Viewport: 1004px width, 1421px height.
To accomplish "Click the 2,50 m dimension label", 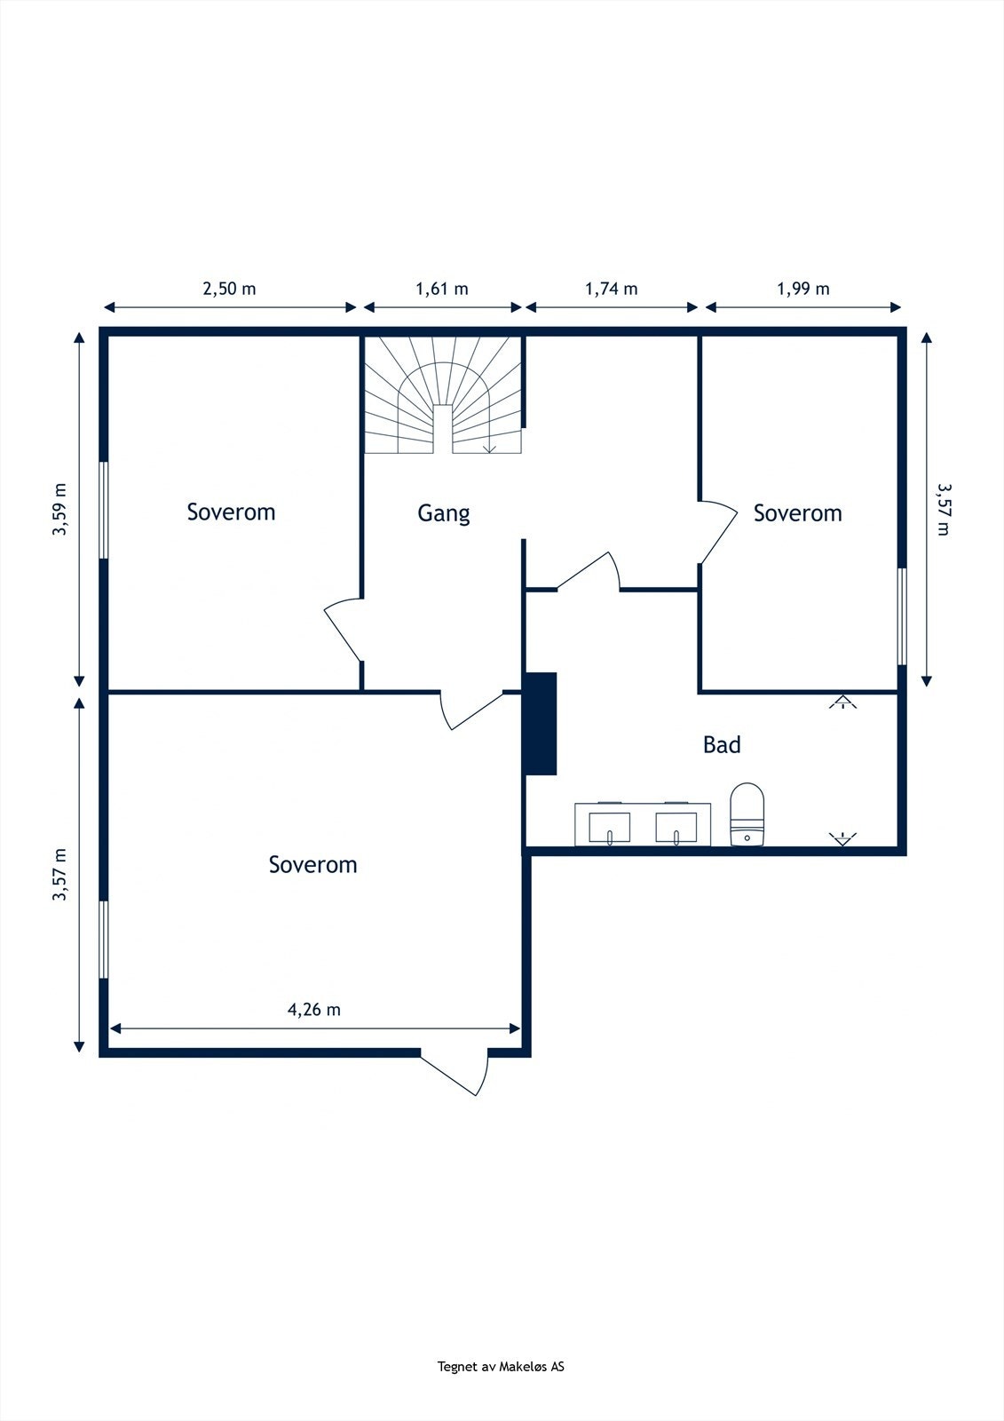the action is pyautogui.click(x=229, y=290).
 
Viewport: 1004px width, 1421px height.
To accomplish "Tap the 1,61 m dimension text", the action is pyautogui.click(x=441, y=290).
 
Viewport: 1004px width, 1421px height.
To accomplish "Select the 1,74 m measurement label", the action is pyautogui.click(x=611, y=290).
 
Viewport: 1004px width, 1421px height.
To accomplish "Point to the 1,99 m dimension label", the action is pyautogui.click(x=803, y=290).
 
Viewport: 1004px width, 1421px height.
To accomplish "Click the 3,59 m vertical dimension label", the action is pyautogui.click(x=59, y=510).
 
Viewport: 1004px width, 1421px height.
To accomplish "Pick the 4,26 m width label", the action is pyautogui.click(x=314, y=1009).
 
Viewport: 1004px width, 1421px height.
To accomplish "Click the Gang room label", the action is pyautogui.click(x=443, y=513).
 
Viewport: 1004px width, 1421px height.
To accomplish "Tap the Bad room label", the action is pyautogui.click(x=722, y=745).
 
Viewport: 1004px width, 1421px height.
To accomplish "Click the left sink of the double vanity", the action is pyautogui.click(x=610, y=828).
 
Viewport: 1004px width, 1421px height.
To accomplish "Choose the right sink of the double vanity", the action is pyautogui.click(x=676, y=828).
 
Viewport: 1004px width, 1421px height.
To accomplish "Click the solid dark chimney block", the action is pyautogui.click(x=539, y=724).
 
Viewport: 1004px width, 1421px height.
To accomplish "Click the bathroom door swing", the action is pyautogui.click(x=589, y=571).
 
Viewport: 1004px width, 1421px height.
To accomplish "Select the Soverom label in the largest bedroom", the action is pyautogui.click(x=312, y=865).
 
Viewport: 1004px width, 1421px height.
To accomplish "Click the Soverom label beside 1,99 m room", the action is pyautogui.click(x=798, y=513).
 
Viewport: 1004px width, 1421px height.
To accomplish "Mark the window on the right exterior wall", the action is pyautogui.click(x=902, y=616).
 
